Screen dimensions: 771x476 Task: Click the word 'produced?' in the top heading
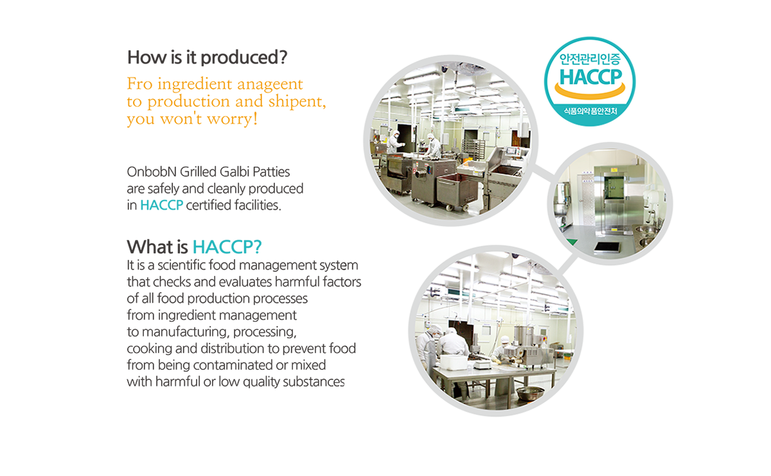tap(244, 57)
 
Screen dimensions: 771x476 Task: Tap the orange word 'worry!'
tap(232, 119)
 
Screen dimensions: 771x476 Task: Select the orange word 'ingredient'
tap(195, 84)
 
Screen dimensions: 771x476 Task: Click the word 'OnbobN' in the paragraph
tap(152, 172)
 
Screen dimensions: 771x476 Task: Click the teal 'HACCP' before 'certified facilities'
tap(161, 205)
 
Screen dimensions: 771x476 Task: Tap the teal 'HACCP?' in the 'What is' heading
tap(227, 247)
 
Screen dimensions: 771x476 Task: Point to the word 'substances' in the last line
tap(314, 382)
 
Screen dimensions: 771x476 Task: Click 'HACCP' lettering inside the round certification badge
tap(590, 77)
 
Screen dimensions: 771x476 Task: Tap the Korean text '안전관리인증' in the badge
tap(590, 59)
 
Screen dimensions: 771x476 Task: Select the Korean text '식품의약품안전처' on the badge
tap(590, 111)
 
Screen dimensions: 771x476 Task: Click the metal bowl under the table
tap(530, 393)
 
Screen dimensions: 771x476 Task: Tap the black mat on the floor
tap(607, 246)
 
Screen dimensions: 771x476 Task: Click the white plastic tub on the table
tap(454, 362)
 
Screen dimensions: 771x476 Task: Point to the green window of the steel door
tap(614, 187)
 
